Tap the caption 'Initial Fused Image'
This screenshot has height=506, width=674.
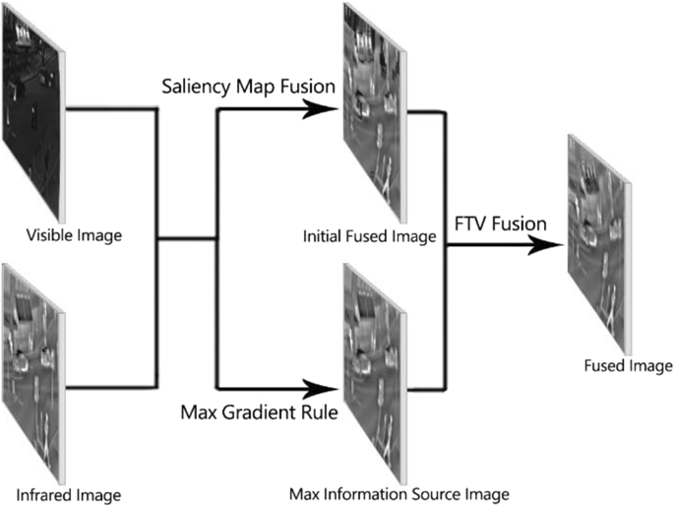372,237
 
